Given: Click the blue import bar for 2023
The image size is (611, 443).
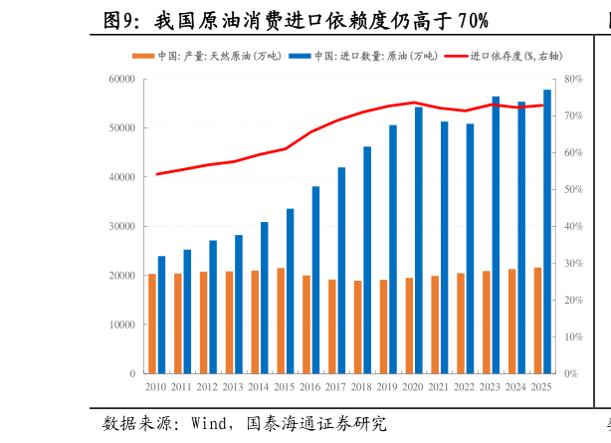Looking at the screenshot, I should tap(496, 235).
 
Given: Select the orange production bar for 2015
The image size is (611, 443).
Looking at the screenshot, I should tap(281, 321).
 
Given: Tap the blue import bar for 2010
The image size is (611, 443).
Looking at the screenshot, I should tap(161, 315).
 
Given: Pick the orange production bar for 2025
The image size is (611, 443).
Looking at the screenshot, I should tap(538, 321).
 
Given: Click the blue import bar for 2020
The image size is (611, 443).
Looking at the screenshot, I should tap(418, 240).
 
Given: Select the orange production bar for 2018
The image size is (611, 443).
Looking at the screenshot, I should tap(357, 327).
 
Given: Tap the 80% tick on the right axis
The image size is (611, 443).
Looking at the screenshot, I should tap(572, 80).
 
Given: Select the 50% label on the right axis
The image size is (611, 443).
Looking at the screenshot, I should tap(572, 190).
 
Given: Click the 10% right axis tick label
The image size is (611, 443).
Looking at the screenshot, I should tap(572, 337).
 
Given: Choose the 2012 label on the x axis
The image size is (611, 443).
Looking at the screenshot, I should tap(207, 386).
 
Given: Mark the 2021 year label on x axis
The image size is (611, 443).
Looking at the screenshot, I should tap(438, 386).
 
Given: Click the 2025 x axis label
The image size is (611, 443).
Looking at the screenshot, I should tap(541, 386).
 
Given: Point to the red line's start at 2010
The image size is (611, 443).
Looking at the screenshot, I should tap(156, 174).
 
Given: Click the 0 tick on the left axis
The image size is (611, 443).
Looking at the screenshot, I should tap(132, 374).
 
